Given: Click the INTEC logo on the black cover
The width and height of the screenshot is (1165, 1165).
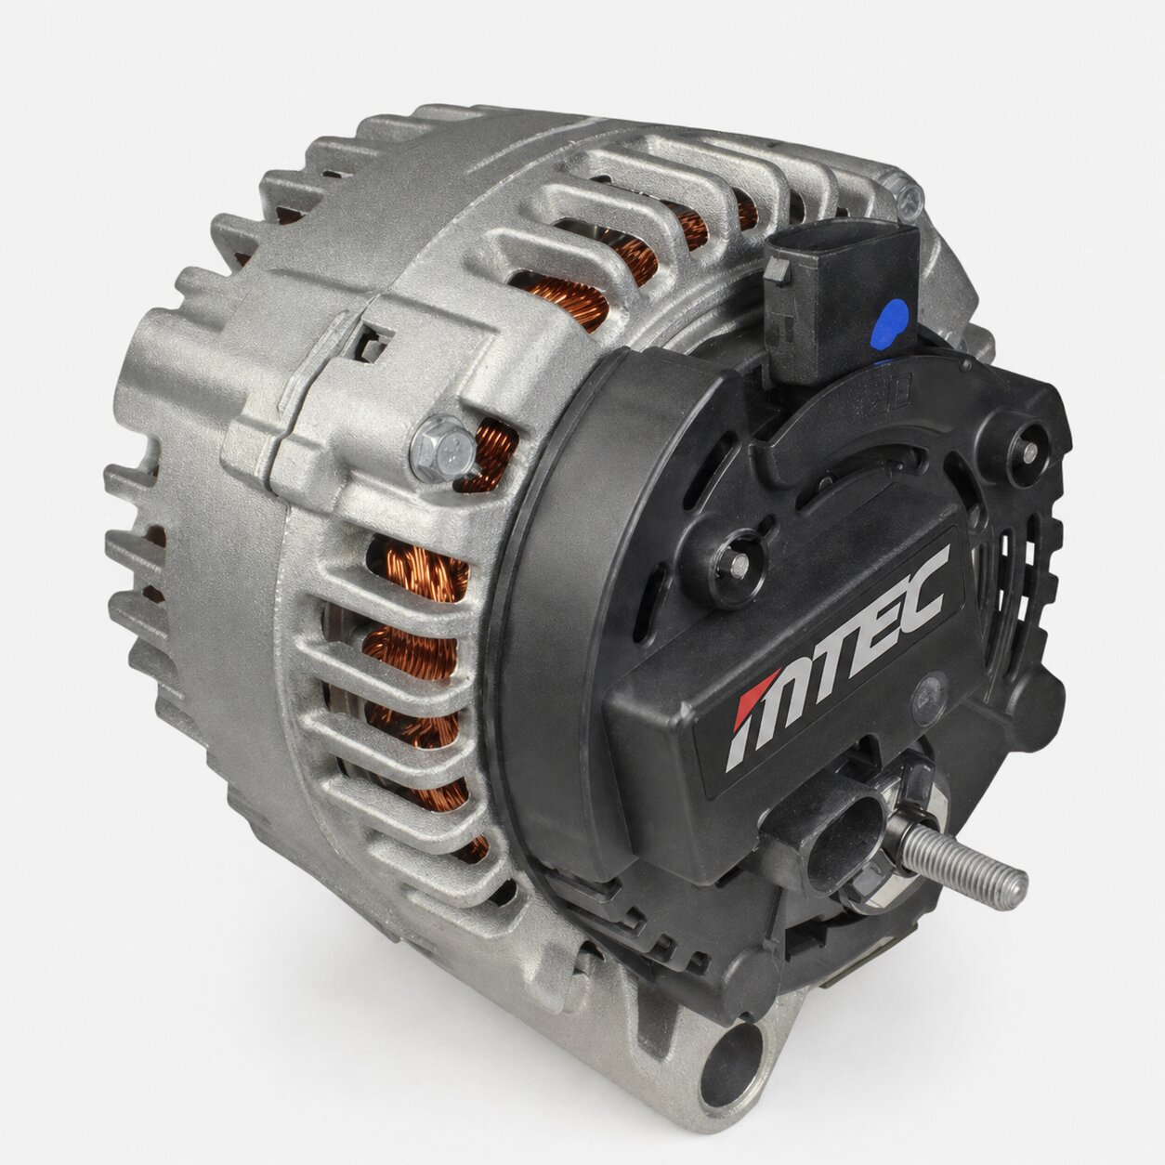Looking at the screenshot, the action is point(836,659).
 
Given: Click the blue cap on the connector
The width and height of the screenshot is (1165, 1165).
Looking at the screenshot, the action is point(891,323).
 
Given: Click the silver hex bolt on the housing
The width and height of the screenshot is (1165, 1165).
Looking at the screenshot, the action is point(440,449).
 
